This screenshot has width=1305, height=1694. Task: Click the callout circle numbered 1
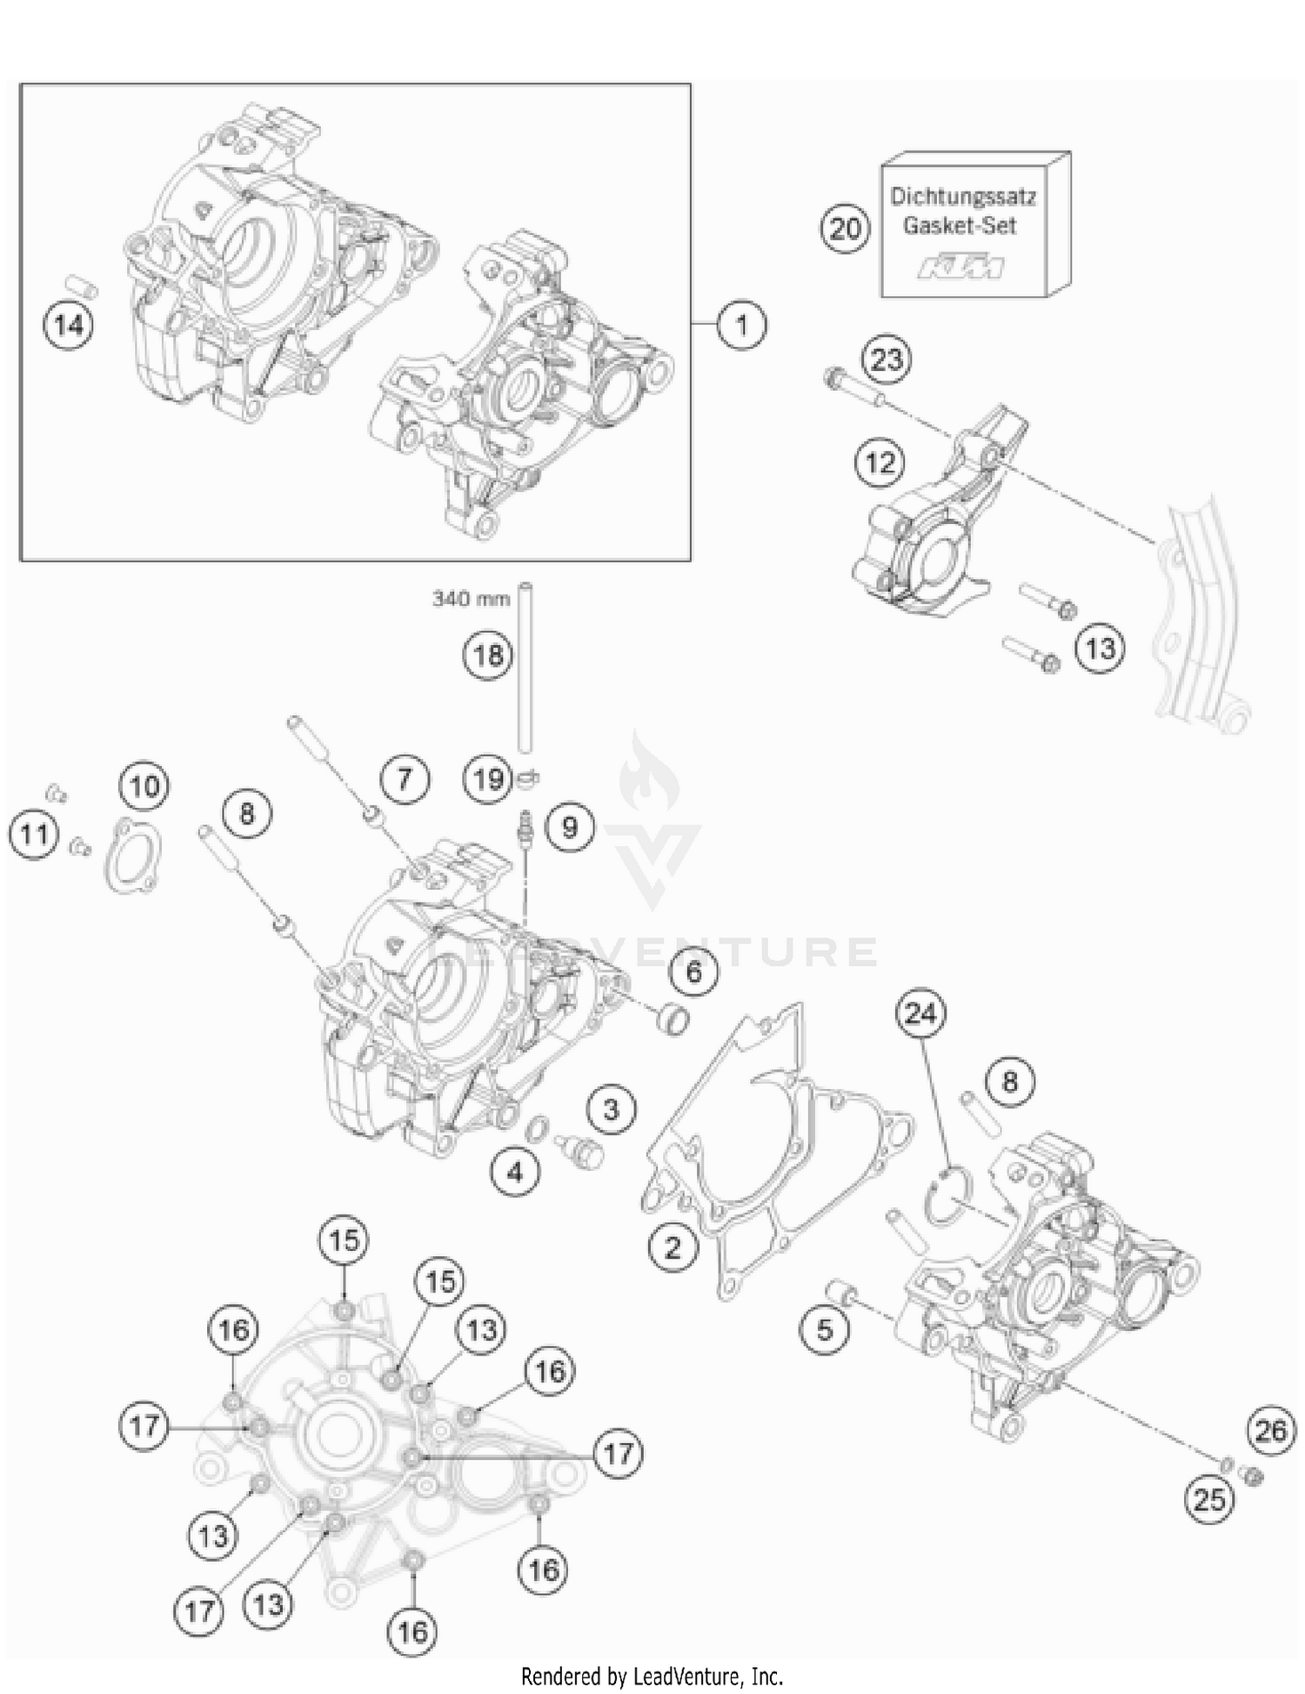[x=741, y=326]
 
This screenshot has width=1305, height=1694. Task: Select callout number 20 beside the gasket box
[x=845, y=229]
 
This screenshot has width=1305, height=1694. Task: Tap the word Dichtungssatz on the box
[x=962, y=196]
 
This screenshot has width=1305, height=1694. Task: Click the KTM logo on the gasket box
[x=960, y=267]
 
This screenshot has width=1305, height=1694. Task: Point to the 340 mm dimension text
[x=471, y=599]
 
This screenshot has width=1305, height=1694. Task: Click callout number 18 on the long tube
[x=488, y=655]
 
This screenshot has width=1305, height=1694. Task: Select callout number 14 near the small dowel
[x=69, y=326]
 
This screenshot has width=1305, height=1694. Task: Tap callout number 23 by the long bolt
[x=887, y=360]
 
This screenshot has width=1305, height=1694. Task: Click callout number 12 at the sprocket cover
[x=880, y=462]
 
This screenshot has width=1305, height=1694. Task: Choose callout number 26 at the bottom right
[x=1270, y=1430]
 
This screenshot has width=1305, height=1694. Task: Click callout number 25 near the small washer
[x=1209, y=1499]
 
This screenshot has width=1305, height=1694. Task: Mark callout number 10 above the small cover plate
[x=144, y=786]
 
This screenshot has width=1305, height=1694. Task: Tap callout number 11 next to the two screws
[x=34, y=835]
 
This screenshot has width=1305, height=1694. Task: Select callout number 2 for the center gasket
[x=673, y=1248]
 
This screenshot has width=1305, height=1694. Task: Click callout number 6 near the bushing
[x=693, y=971]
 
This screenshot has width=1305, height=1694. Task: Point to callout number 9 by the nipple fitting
[x=570, y=826]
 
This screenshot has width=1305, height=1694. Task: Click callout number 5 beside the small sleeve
[x=824, y=1329]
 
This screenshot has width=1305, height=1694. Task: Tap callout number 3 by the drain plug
[x=611, y=1109]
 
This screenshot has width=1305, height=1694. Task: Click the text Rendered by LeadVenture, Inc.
[x=652, y=1676]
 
